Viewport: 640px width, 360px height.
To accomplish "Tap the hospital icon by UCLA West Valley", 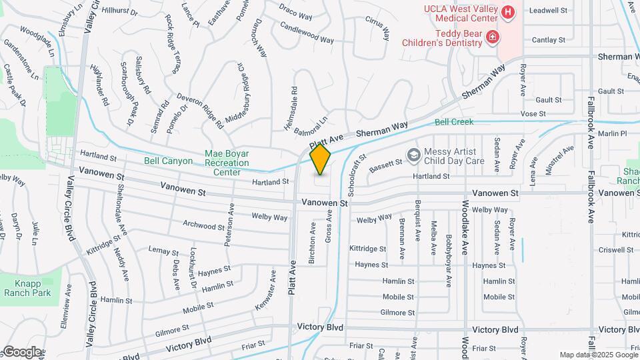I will point(508,12).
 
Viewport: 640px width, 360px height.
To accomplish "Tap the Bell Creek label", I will point(454,122).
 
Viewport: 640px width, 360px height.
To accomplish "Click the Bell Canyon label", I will point(168,161).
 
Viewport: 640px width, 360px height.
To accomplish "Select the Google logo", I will point(21,351).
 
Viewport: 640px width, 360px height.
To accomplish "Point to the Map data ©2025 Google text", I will point(598,355).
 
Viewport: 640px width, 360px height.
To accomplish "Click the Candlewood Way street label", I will point(307,34).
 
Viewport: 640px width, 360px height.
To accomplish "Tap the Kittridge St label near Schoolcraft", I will point(367,248).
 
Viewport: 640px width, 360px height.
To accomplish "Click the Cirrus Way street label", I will point(377,31).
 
